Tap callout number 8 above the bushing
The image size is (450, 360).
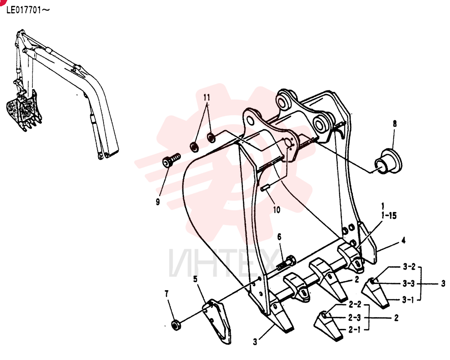click(x=395, y=124)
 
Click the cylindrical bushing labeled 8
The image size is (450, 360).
click(x=388, y=162)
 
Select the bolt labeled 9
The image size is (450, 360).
click(x=171, y=160)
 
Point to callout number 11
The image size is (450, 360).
click(x=207, y=98)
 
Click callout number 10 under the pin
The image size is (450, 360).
click(x=276, y=210)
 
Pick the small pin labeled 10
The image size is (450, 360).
click(x=265, y=188)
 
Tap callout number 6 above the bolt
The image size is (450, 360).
click(x=279, y=237)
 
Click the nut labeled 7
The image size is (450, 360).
click(x=175, y=325)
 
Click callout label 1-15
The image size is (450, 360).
click(x=389, y=216)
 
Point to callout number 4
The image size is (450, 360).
click(x=404, y=241)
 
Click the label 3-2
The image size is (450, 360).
click(x=409, y=267)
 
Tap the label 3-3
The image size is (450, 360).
click(x=409, y=283)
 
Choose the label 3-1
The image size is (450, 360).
click(x=408, y=300)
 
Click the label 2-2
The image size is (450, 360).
click(x=355, y=304)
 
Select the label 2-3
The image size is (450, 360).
click(x=355, y=318)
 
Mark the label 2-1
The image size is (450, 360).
click(x=355, y=330)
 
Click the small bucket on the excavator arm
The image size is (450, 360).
click(x=23, y=111)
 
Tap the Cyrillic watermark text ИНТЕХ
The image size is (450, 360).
click(x=224, y=263)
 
